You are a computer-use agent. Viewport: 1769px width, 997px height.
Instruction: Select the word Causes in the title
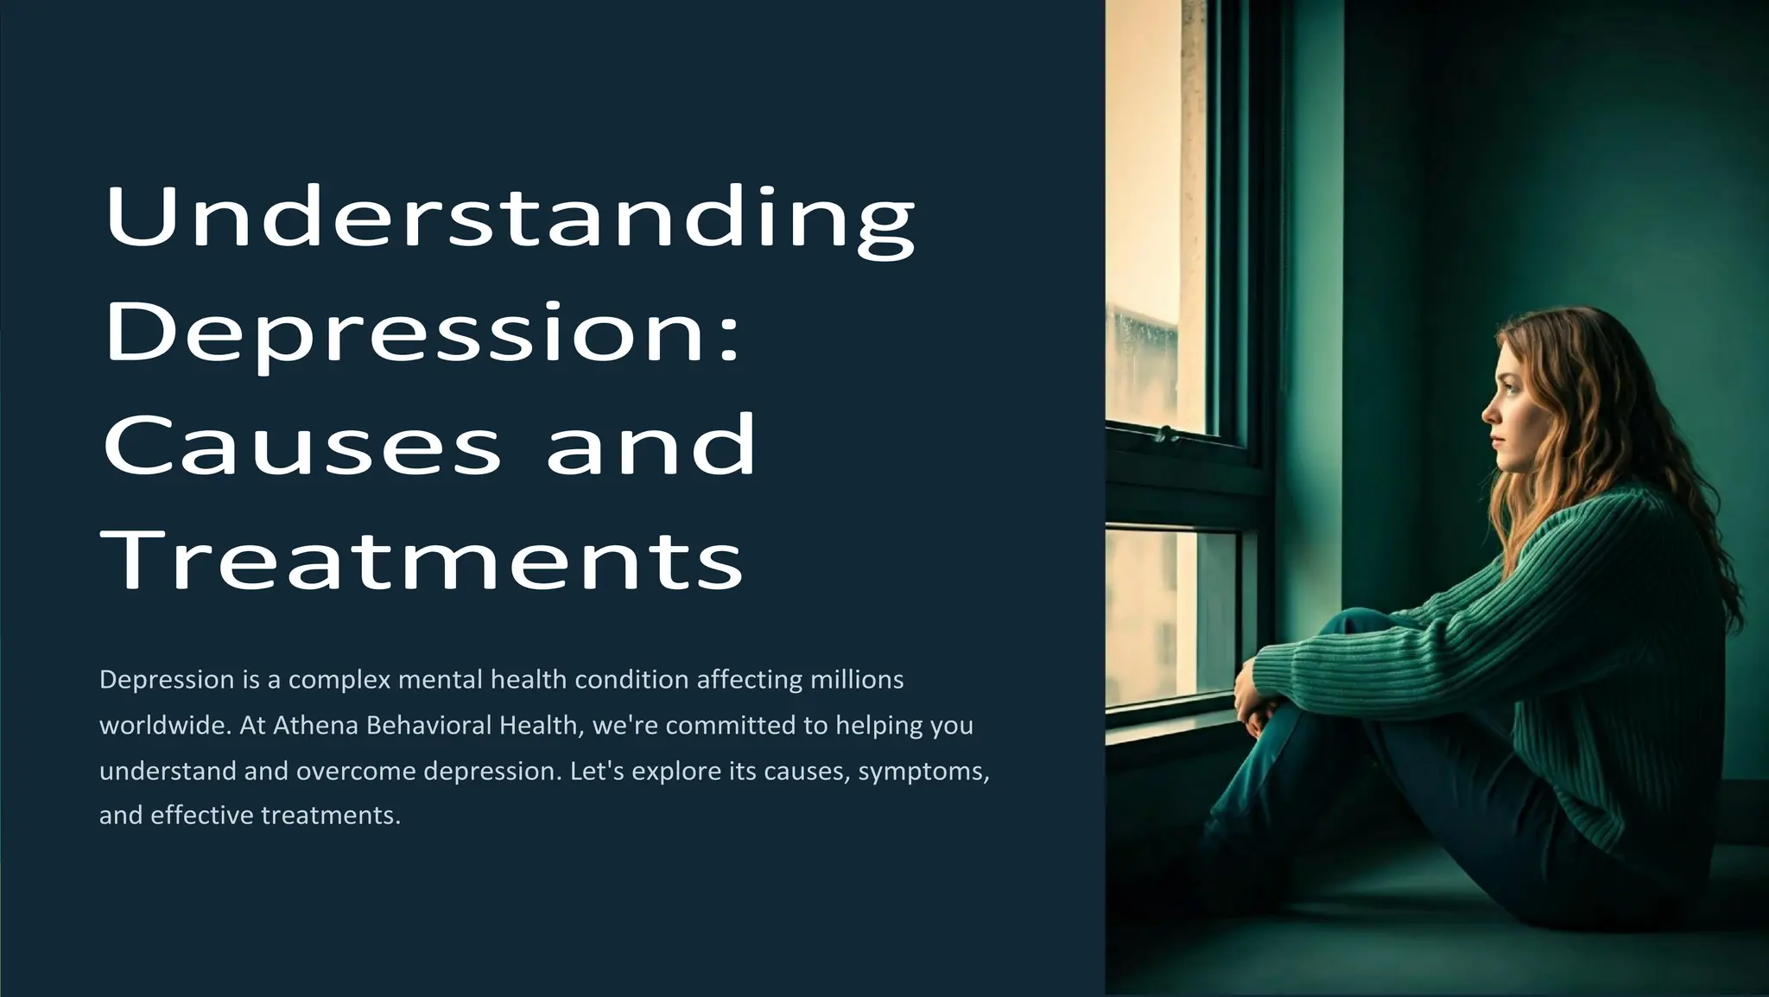pos(302,445)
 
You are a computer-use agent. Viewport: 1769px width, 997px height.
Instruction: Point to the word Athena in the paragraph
pos(315,726)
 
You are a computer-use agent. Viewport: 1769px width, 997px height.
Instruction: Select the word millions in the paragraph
pos(857,680)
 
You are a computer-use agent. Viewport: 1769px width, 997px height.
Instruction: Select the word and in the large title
pos(651,445)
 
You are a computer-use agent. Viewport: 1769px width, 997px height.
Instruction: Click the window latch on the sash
pos(1167,433)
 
